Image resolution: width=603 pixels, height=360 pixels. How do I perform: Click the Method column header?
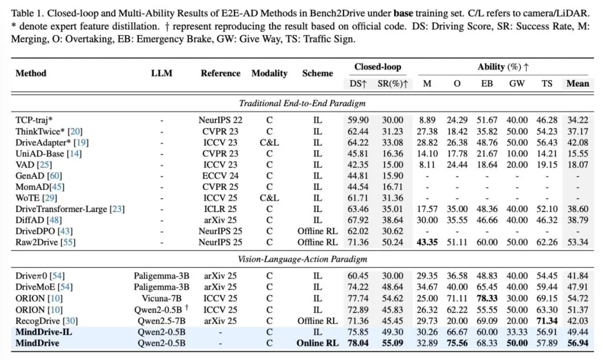(31, 73)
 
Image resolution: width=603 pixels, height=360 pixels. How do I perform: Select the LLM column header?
(161, 73)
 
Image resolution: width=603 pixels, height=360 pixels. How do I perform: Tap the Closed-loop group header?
(377, 67)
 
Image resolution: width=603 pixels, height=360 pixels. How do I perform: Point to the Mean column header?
(578, 84)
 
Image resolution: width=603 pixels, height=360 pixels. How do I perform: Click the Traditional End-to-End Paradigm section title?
(302, 103)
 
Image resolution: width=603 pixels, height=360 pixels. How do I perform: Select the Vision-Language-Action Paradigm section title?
(302, 259)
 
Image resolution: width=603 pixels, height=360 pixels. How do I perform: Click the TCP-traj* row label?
(34, 120)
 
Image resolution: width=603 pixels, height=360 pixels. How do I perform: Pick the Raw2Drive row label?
(45, 242)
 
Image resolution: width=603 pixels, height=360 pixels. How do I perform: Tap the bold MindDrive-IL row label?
(44, 332)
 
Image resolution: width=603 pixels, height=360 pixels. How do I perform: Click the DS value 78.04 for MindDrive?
(358, 343)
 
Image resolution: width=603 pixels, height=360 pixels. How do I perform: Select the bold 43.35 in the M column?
(427, 242)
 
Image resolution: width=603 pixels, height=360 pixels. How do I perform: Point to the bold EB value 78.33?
(487, 299)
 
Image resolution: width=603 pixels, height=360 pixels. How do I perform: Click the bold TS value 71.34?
(547, 321)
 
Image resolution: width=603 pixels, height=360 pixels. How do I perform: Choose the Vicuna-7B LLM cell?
(161, 299)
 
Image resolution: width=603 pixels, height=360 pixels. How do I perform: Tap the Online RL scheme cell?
(318, 343)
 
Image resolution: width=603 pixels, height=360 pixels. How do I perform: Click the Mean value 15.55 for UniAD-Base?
(578, 153)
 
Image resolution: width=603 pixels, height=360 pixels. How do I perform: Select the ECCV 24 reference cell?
(221, 176)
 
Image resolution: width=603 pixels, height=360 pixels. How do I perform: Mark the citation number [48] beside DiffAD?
(54, 220)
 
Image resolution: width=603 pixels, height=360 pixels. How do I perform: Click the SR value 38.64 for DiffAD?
(393, 220)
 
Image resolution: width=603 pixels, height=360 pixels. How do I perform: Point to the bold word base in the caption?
(403, 13)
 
